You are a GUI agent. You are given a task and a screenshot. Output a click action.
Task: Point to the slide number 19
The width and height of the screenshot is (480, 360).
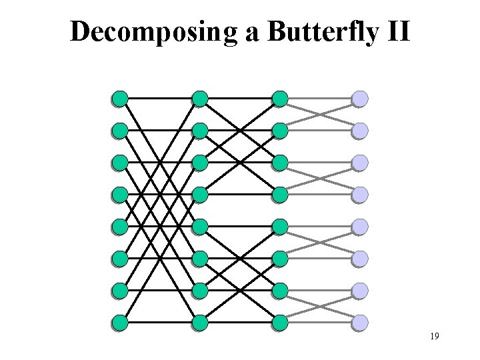(434, 337)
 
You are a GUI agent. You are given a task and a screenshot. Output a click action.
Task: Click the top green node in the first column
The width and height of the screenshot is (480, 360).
(120, 99)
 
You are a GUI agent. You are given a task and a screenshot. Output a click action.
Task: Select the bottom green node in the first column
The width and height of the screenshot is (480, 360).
(120, 323)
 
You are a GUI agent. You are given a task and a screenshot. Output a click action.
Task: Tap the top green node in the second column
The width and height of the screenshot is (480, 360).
(200, 99)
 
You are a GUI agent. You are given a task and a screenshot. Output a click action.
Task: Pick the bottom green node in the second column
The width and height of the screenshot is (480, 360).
(200, 323)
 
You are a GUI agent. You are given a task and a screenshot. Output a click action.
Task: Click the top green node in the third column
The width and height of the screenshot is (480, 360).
(280, 99)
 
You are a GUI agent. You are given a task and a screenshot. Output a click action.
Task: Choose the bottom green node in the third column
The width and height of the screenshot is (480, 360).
(280, 323)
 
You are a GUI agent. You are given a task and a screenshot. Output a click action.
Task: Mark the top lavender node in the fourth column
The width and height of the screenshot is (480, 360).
(360, 99)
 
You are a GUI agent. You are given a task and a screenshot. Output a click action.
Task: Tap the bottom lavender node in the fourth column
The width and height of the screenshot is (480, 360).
(360, 323)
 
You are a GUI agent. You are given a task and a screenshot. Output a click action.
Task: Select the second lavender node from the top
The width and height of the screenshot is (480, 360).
(360, 131)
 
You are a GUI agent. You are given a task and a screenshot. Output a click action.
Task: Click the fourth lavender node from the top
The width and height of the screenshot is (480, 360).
(360, 195)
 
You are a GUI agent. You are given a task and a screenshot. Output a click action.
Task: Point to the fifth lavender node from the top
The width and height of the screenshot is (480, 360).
(360, 227)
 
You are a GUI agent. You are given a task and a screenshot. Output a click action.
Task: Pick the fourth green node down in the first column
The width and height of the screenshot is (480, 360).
(120, 195)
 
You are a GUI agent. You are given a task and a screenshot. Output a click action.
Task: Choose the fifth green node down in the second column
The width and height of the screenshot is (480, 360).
(200, 227)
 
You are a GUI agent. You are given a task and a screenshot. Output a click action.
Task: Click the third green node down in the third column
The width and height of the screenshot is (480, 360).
(280, 163)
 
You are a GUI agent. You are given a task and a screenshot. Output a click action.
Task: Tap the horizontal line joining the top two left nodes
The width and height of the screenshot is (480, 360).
(160, 99)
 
